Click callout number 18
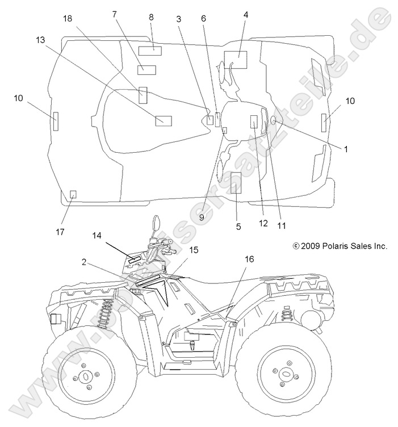click(68, 19)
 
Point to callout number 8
click(151, 17)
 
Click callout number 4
click(245, 15)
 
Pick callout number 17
click(60, 232)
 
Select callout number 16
click(249, 259)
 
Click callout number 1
click(346, 149)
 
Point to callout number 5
click(238, 226)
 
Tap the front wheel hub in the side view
click(86, 376)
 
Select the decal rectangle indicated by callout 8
click(150, 51)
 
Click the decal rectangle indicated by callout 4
click(235, 60)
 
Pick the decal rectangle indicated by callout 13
click(164, 120)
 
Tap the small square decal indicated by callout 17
click(73, 195)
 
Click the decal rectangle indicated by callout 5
click(236, 182)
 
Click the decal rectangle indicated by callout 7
click(146, 70)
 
